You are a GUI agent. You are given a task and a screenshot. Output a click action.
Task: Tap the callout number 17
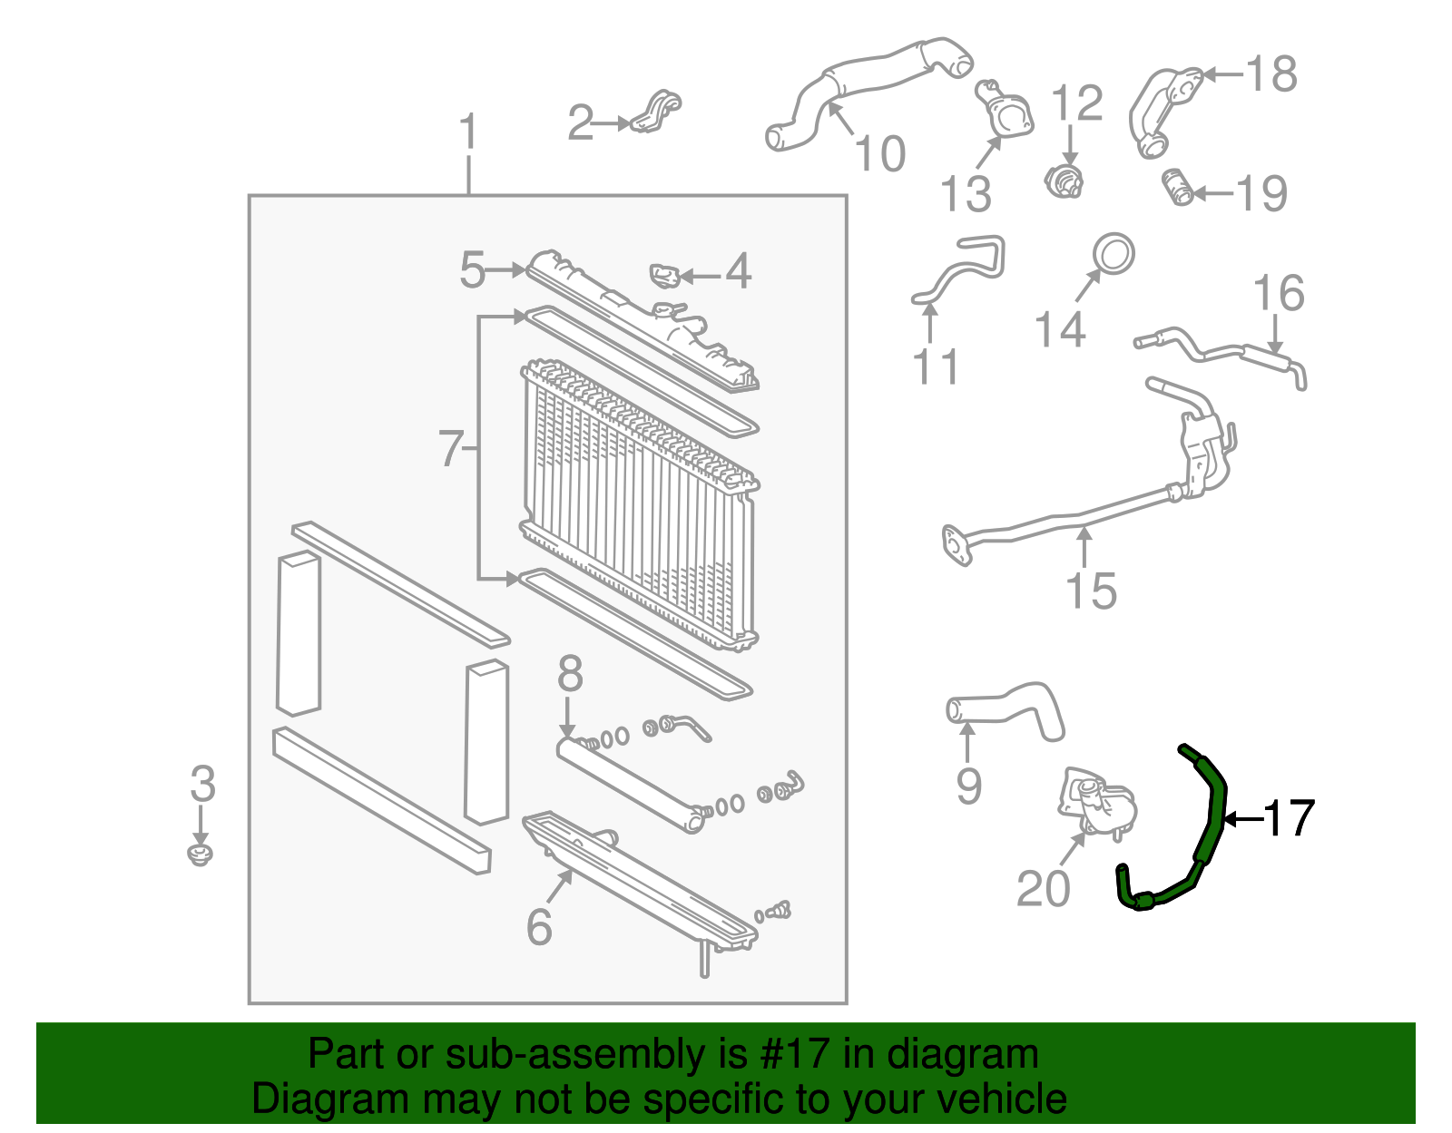coord(1288,818)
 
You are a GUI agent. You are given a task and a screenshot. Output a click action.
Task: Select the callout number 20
coord(1043,888)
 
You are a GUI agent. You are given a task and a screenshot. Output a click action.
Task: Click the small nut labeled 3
coord(201,855)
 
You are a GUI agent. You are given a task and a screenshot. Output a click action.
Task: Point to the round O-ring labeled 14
coord(1113,254)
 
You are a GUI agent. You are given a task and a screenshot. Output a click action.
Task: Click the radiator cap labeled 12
coord(1064,181)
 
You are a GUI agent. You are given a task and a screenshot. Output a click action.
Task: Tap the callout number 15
coord(1090,591)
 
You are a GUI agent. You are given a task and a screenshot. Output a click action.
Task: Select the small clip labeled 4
coord(664,275)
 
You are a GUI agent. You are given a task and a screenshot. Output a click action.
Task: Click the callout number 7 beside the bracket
coord(451,449)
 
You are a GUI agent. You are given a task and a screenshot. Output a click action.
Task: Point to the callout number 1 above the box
coord(467,132)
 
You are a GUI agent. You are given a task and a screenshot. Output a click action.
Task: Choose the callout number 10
coord(879,153)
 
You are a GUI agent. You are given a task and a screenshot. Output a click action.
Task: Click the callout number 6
coord(539,926)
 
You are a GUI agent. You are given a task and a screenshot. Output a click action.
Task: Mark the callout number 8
coord(569,675)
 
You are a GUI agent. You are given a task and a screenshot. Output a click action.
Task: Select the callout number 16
coord(1278,294)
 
